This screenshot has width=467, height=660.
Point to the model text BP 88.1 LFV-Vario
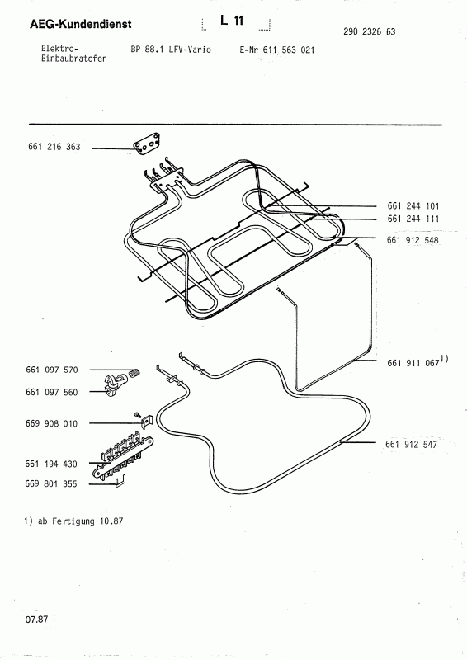pyautogui.click(x=171, y=50)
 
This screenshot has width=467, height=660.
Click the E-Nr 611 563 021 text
pyautogui.click(x=276, y=50)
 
